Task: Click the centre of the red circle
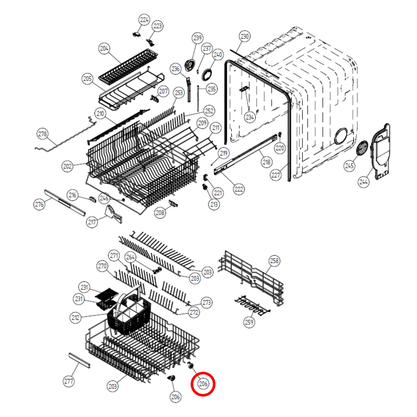[x=203, y=384]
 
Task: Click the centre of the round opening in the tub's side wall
[x=341, y=136]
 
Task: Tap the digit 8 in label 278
[x=45, y=134]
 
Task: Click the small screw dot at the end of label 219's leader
[x=212, y=165]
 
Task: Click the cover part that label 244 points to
[x=380, y=152]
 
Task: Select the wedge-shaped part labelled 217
[x=114, y=214]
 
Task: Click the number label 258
[x=274, y=261]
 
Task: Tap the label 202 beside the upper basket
[x=67, y=166]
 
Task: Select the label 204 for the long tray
[x=104, y=48]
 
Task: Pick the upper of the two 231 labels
[x=84, y=287]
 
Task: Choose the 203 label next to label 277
[x=113, y=386]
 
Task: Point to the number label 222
[x=239, y=189]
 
